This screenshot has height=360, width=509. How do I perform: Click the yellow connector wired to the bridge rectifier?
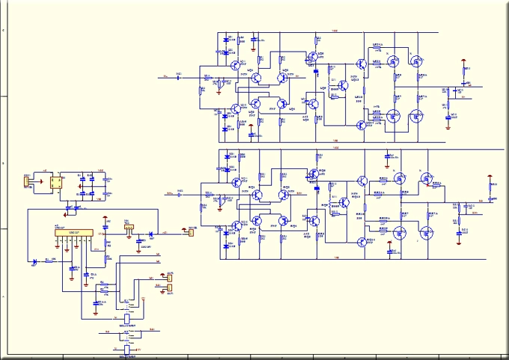coord(27,181)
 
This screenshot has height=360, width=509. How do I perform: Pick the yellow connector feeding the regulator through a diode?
coord(190,231)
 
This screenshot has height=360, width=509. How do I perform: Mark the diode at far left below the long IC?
coord(34,263)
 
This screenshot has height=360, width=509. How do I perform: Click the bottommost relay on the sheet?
coord(127,349)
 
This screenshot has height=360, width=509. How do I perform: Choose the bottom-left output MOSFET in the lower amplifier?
coord(400,233)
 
